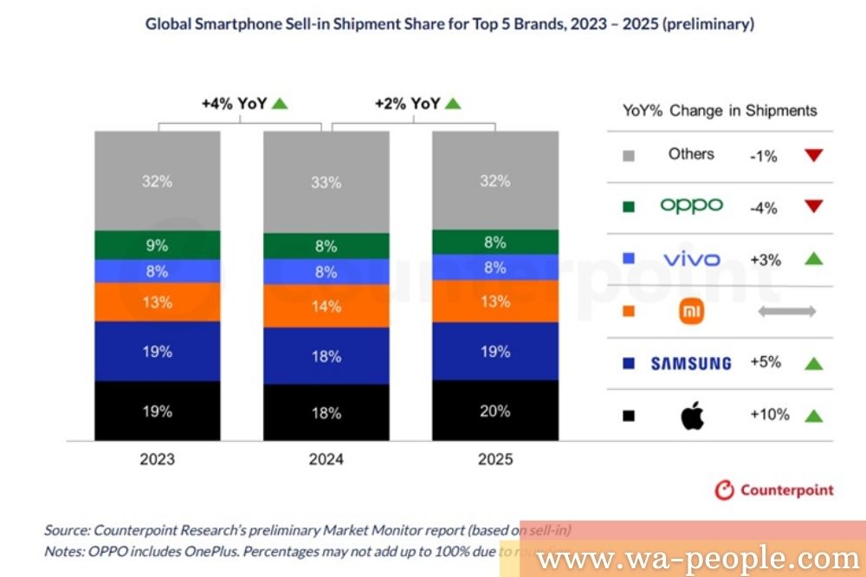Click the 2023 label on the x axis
pyautogui.click(x=157, y=459)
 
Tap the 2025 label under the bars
pyautogui.click(x=494, y=459)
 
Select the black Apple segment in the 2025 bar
pyautogui.click(x=494, y=411)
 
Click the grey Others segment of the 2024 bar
pyautogui.click(x=326, y=182)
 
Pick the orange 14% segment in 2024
pyautogui.click(x=326, y=306)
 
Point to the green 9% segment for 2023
pyautogui.click(x=157, y=245)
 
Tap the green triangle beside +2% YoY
pyautogui.click(x=453, y=104)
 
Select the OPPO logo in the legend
pyautogui.click(x=691, y=206)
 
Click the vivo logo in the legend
pyautogui.click(x=691, y=259)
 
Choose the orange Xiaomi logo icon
pyautogui.click(x=691, y=311)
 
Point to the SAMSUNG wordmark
pyautogui.click(x=691, y=363)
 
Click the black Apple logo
pyautogui.click(x=692, y=415)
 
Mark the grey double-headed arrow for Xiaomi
pyautogui.click(x=786, y=311)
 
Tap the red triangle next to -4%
pyautogui.click(x=812, y=208)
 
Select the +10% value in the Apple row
pyautogui.click(x=769, y=415)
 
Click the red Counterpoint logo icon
pyautogui.click(x=724, y=490)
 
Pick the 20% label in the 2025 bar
pyautogui.click(x=494, y=411)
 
